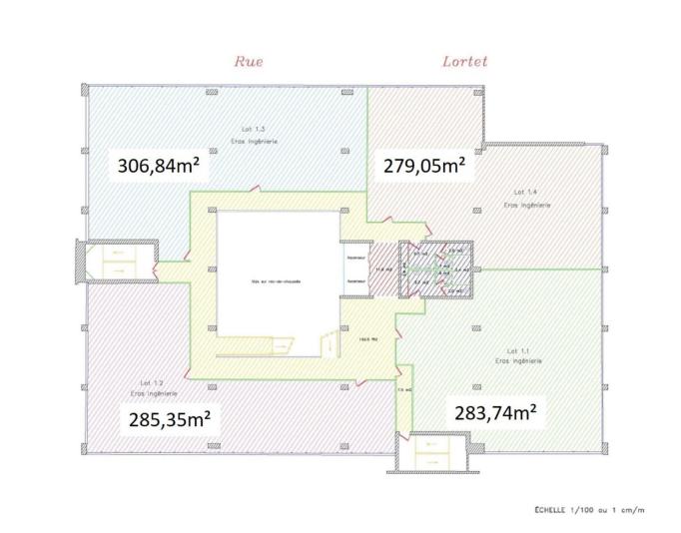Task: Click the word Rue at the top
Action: coord(248,61)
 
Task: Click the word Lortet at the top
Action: coord(464,61)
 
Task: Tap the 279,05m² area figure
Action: coord(424,166)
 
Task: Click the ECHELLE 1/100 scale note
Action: coord(585,510)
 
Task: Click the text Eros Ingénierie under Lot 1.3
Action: coord(256,141)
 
